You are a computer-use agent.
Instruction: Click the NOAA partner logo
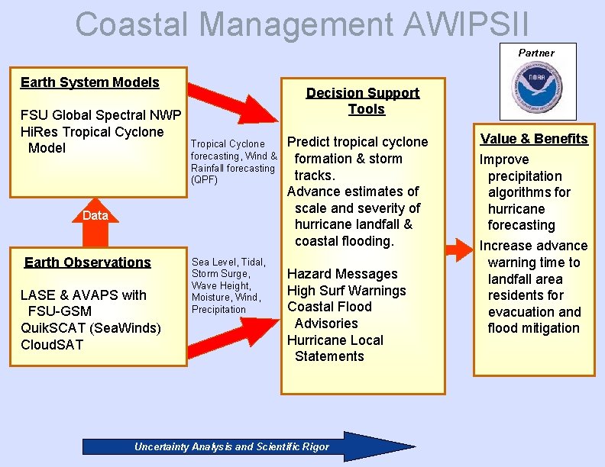[x=537, y=86]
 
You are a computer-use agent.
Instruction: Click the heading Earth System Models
[x=90, y=82]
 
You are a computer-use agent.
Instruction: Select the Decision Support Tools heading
[x=363, y=101]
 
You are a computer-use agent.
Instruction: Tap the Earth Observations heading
[x=88, y=262]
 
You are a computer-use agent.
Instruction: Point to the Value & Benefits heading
[x=534, y=139]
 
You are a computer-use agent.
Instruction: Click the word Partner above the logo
[x=536, y=53]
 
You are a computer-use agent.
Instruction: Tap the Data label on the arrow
[x=95, y=215]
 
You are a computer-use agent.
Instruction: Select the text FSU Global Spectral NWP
[x=101, y=115]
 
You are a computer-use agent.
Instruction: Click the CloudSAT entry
[x=53, y=344]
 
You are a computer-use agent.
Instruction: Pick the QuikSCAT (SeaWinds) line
[x=91, y=328]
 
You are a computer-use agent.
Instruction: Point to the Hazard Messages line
[x=342, y=274]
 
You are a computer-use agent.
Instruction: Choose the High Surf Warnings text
[x=346, y=291]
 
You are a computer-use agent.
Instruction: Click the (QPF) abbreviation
[x=204, y=180]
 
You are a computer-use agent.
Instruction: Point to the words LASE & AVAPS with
[x=83, y=295]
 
